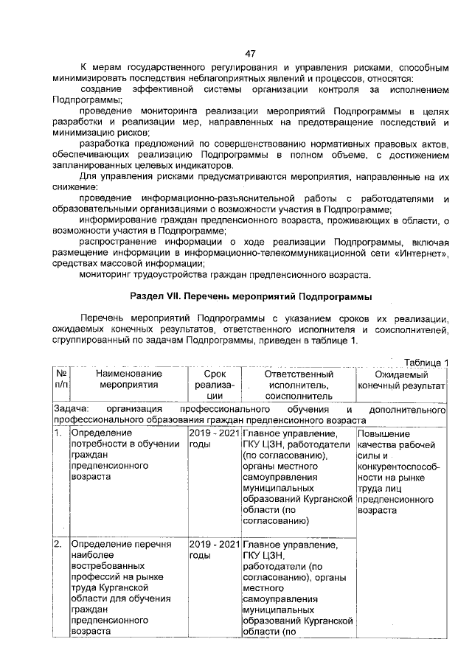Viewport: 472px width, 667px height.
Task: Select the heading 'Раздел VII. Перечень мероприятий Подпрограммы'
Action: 250,296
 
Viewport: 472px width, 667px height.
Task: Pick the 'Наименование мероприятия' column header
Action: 128,380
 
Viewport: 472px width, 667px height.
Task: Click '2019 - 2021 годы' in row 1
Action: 214,438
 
